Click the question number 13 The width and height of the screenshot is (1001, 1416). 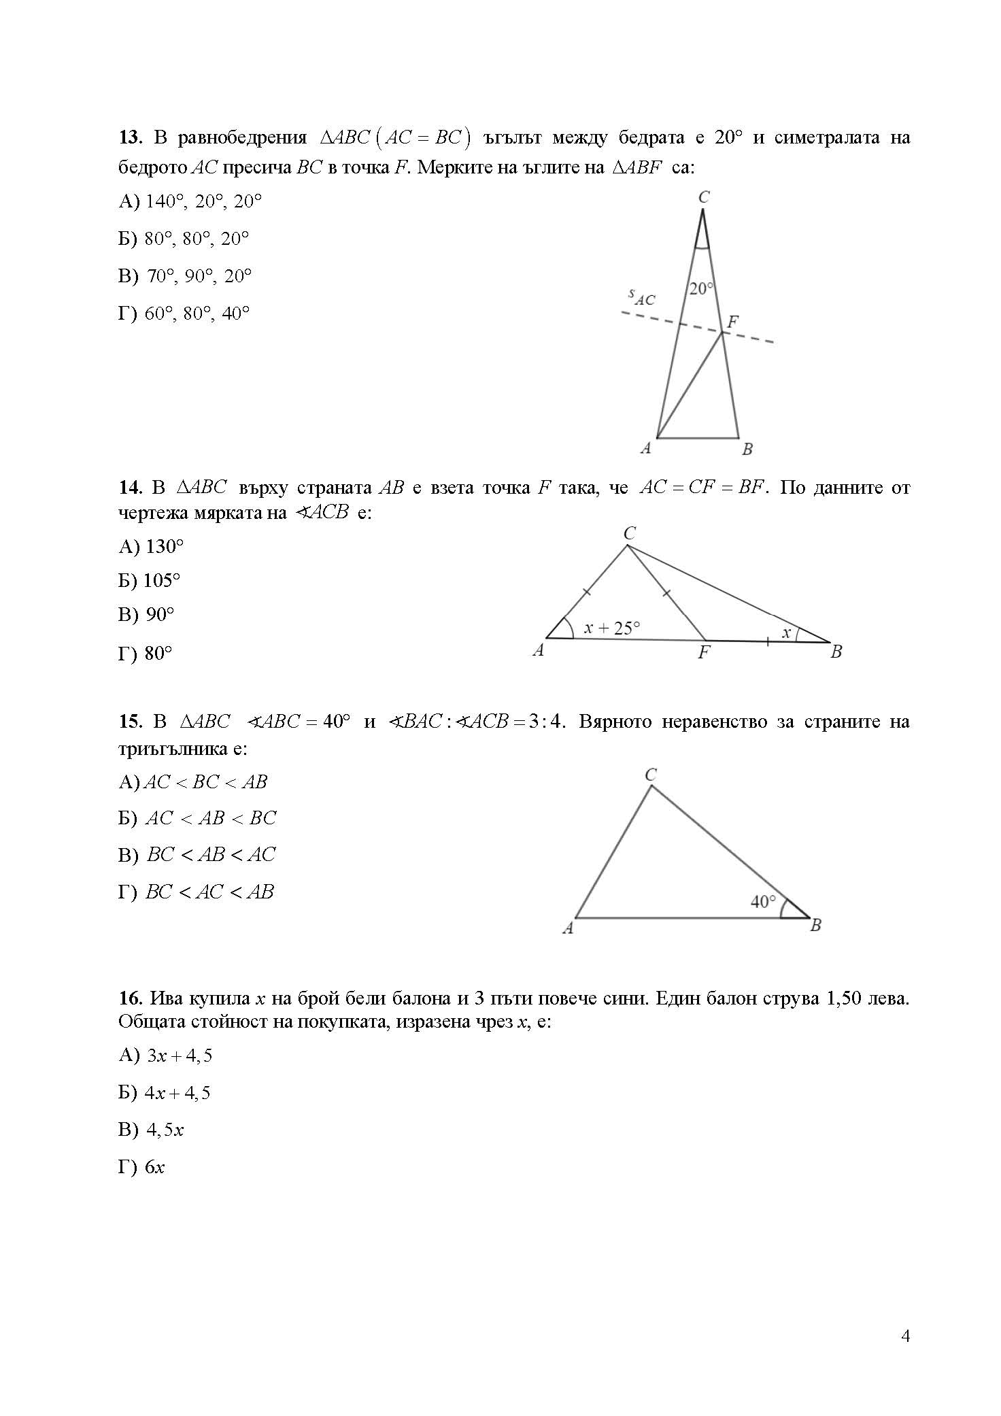129,138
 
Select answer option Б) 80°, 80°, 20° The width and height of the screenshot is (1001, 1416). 184,239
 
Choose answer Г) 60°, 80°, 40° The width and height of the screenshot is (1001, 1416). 184,314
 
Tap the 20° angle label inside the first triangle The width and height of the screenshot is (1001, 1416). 701,289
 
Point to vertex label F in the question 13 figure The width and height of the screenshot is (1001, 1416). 732,322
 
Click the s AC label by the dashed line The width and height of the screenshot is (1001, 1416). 641,297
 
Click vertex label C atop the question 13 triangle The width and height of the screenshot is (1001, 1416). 704,197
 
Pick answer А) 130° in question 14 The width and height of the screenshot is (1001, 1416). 152,546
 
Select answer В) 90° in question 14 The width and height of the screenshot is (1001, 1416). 147,615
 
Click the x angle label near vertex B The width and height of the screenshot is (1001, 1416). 786,633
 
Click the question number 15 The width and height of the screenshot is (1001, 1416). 129,721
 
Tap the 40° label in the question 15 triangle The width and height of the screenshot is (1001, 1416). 762,902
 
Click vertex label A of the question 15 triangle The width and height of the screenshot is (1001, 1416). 569,928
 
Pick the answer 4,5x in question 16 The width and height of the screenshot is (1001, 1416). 165,1130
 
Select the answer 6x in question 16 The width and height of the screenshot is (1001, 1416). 154,1167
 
